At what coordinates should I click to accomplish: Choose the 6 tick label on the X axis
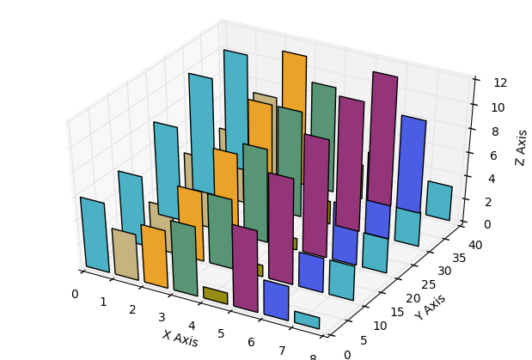click(x=252, y=343)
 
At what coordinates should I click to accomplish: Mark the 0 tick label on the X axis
click(x=75, y=294)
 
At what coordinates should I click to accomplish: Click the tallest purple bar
click(x=382, y=137)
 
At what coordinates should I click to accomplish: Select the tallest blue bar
click(x=411, y=163)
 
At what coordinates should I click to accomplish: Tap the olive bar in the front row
click(x=215, y=296)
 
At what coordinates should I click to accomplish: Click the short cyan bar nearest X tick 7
click(x=307, y=320)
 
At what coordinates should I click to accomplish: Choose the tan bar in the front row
click(x=125, y=254)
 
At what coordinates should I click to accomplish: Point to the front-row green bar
click(x=184, y=258)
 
